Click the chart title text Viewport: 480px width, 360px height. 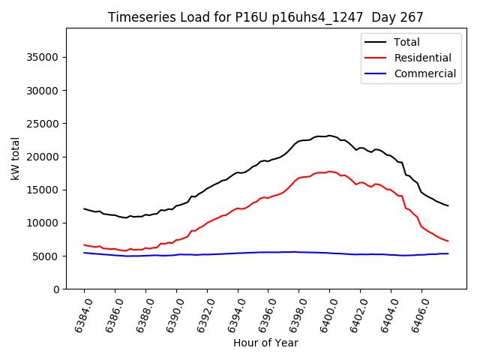(x=265, y=17)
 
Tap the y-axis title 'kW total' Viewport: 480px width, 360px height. (x=16, y=158)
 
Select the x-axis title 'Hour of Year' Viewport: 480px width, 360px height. (x=265, y=343)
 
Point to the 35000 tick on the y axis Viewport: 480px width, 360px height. (x=44, y=57)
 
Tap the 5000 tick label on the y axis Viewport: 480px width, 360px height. (x=47, y=256)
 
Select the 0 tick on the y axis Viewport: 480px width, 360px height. (x=56, y=289)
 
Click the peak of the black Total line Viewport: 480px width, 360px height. (x=329, y=136)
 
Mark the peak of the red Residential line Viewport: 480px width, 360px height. (x=329, y=172)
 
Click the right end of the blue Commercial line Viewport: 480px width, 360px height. (x=448, y=253)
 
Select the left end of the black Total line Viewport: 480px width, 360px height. (x=84, y=208)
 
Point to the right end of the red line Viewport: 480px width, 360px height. (x=448, y=241)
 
